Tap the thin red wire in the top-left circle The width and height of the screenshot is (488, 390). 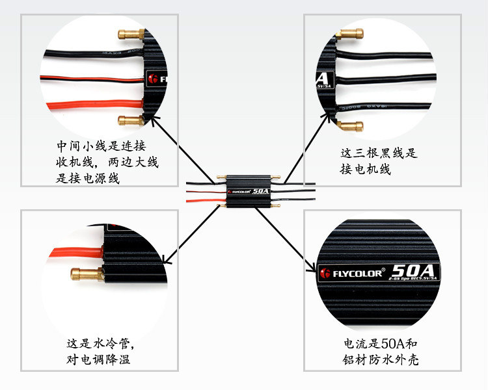[91, 79]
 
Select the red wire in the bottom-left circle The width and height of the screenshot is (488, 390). [72, 250]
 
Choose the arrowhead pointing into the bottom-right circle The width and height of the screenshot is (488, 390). [312, 270]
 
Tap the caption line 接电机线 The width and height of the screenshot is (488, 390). [365, 169]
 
